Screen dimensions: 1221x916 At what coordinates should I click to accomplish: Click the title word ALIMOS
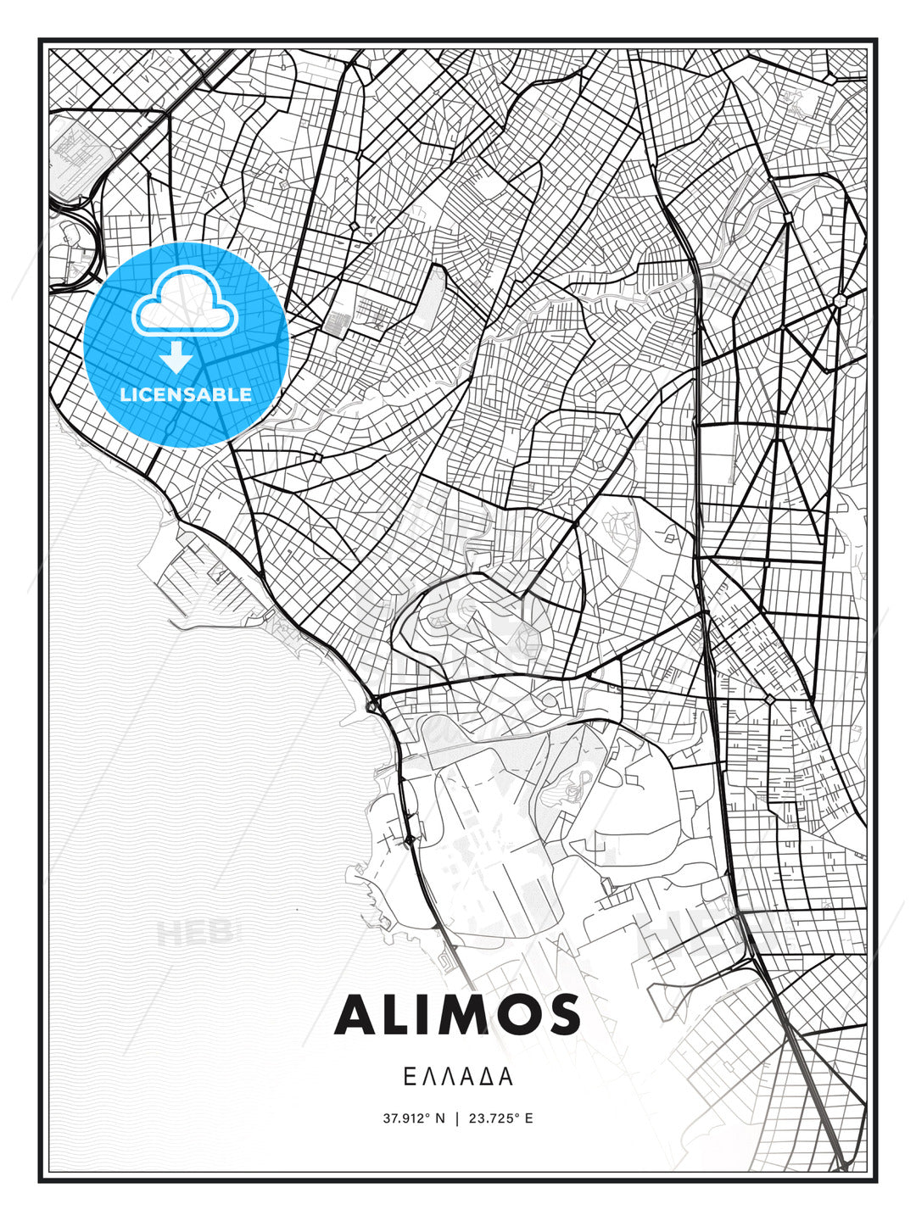coord(457,1015)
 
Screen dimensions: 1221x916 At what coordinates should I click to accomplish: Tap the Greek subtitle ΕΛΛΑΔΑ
coord(457,1077)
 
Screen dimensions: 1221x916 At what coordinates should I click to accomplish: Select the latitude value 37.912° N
coord(413,1118)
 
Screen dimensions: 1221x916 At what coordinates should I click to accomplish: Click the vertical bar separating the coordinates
coord(457,1118)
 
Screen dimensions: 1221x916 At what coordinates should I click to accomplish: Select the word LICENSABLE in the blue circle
coord(186,394)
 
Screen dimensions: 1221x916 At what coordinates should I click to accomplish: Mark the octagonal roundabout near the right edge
coord(840,301)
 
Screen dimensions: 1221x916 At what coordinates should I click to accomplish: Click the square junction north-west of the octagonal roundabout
coord(788,218)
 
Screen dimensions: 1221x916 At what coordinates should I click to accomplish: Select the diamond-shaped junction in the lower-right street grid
coord(768,699)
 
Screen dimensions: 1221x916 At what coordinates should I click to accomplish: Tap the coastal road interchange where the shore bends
coord(371,704)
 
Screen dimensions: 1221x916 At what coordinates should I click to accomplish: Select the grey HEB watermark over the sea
coord(193,933)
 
